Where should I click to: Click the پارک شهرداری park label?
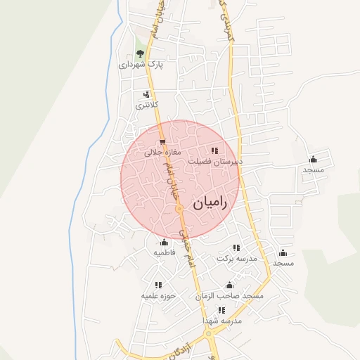point(140,65)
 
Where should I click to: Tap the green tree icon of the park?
point(140,53)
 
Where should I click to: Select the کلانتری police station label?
point(147,105)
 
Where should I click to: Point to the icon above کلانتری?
point(147,94)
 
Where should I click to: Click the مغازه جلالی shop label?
point(163,152)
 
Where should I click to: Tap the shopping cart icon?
point(163,141)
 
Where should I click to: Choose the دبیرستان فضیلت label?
point(215,161)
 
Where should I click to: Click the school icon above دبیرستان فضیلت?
point(215,150)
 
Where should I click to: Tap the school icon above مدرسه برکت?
point(237,248)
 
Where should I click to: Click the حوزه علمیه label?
point(158,296)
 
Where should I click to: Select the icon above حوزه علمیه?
point(158,285)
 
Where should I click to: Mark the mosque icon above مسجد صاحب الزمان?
point(229,285)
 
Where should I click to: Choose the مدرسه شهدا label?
point(222,321)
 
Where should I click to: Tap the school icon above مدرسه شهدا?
point(222,310)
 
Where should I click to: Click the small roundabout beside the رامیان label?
point(180,209)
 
